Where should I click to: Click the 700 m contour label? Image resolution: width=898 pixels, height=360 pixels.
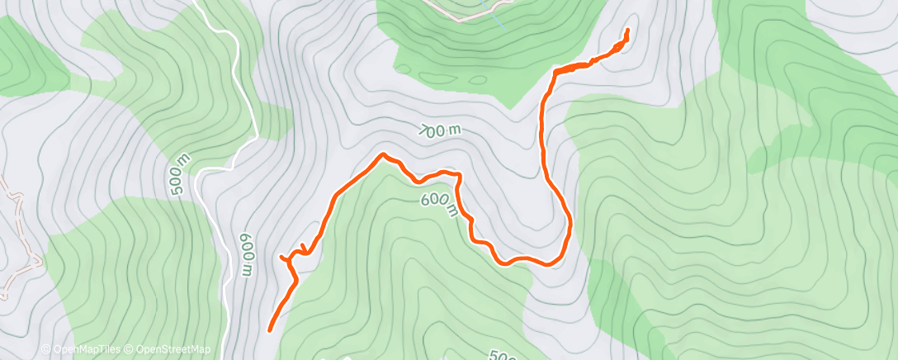(x=438, y=130)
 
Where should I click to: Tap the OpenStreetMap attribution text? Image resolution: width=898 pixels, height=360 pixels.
(x=173, y=350)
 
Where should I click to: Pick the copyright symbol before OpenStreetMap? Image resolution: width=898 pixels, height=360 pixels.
(x=129, y=350)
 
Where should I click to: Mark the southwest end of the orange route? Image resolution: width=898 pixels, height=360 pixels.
(x=271, y=330)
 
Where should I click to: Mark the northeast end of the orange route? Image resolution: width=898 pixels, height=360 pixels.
(x=627, y=31)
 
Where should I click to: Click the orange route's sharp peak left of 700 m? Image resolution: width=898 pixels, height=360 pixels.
(x=382, y=154)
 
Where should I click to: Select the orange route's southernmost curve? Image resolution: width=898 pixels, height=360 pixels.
(x=528, y=262)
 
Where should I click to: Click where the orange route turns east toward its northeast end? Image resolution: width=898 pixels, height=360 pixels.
(x=551, y=73)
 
